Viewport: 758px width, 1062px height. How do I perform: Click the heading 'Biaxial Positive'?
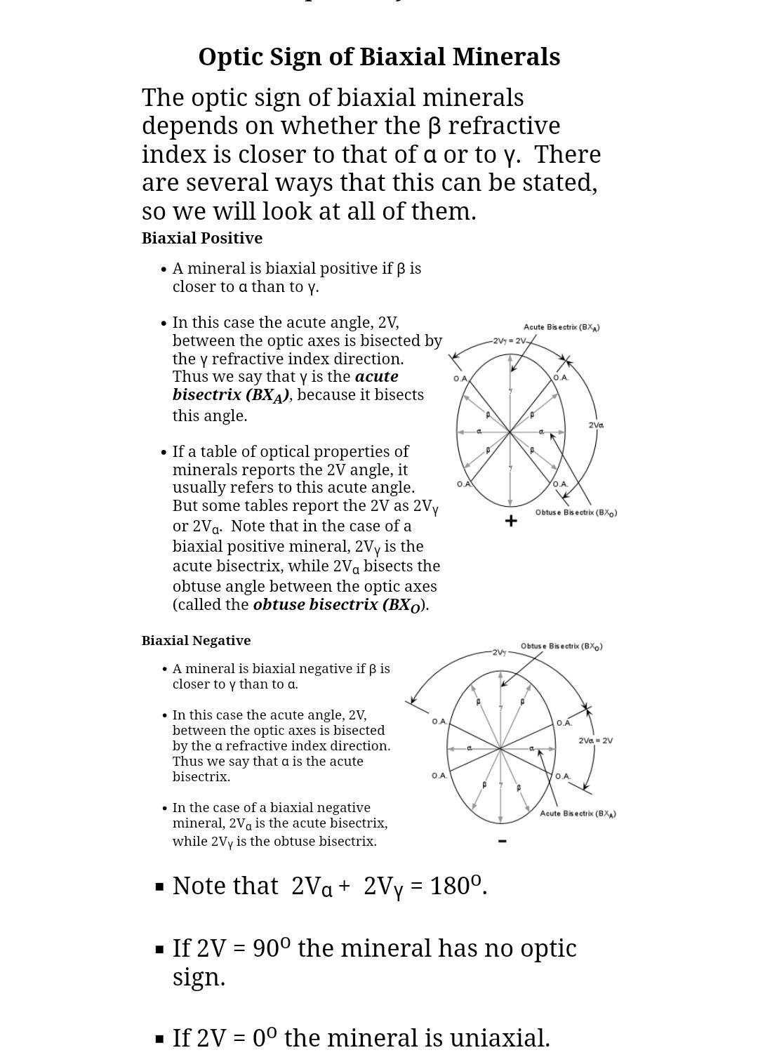click(x=202, y=238)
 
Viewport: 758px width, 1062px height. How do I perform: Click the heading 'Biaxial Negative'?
click(x=196, y=640)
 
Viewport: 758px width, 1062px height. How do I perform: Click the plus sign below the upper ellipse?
click(x=511, y=521)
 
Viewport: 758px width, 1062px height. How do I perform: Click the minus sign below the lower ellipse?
click(x=502, y=840)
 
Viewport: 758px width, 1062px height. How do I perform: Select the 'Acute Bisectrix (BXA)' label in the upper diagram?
click(x=561, y=327)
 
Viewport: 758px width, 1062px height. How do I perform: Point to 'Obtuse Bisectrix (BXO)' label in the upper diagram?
click(x=576, y=512)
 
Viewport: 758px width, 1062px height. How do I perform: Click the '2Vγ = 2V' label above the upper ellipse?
click(x=510, y=341)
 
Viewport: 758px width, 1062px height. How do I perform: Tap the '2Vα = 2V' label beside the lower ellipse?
click(x=595, y=741)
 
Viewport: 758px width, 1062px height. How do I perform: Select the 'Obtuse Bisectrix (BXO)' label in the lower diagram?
click(x=561, y=646)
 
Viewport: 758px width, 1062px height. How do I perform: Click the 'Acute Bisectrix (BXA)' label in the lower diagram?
click(x=578, y=814)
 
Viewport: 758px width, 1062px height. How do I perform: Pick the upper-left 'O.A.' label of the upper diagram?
click(x=460, y=378)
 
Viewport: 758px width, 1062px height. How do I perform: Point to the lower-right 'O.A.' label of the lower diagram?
click(x=563, y=776)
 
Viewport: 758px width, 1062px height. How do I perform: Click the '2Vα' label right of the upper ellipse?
click(x=596, y=425)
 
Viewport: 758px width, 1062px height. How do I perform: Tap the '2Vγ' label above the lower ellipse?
click(x=499, y=653)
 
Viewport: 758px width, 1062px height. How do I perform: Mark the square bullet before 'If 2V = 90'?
click(x=159, y=949)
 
